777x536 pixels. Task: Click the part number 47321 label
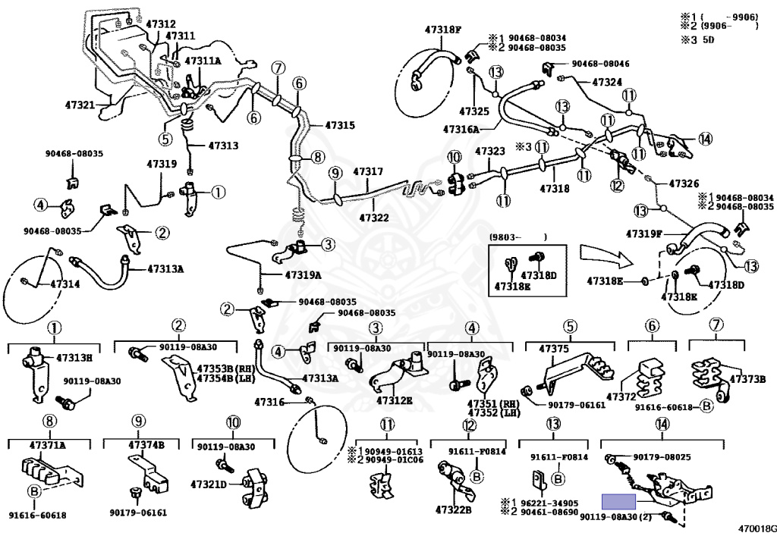pos(80,105)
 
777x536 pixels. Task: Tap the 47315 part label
pos(340,125)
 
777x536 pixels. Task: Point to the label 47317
pos(368,172)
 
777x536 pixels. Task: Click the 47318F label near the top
pos(443,30)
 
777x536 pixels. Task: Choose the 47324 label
pos(607,81)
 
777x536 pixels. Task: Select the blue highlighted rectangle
pos(621,500)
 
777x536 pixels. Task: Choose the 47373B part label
pos(747,379)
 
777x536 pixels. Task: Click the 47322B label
pos(452,509)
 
